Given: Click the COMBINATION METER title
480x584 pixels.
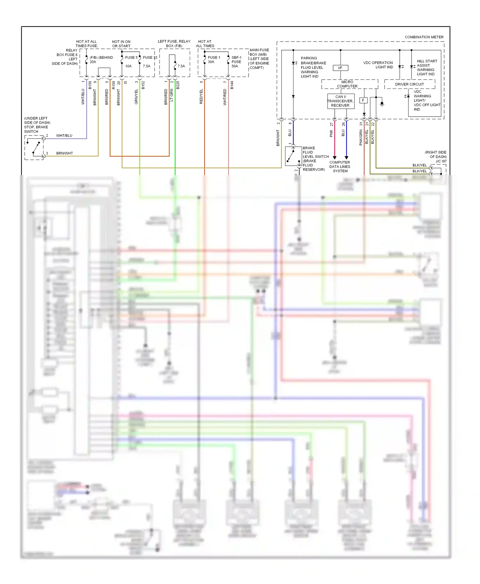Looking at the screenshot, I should (x=424, y=37).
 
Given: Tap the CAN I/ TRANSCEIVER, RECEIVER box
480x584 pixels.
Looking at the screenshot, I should (x=340, y=101).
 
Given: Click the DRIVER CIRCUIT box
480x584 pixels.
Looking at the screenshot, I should (x=409, y=84).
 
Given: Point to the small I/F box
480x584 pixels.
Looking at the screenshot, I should (x=340, y=68).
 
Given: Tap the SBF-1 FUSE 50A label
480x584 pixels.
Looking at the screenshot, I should (x=236, y=62).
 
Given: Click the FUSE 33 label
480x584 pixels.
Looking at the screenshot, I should (x=150, y=58).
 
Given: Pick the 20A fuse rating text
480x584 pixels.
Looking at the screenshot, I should (x=93, y=62).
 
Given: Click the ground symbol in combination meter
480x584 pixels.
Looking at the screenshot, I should (x=382, y=104).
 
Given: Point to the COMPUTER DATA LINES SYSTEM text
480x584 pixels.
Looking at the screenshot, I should (x=340, y=166).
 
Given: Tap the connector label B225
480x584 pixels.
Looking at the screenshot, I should (x=178, y=85).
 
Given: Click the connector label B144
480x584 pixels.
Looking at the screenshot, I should (x=232, y=85).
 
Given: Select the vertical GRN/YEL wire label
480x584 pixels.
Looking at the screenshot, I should (x=136, y=97).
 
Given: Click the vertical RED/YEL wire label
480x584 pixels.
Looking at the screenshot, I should (x=201, y=97).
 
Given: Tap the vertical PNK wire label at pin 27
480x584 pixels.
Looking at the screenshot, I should (x=331, y=133).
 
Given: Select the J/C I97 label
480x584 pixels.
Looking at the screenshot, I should (x=441, y=161).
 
